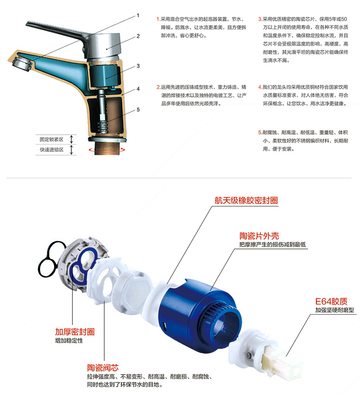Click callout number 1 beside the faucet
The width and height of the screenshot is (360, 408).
pos(138,15)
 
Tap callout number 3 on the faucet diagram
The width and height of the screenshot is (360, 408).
pos(138,66)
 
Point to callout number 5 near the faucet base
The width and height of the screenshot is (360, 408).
pos(138,110)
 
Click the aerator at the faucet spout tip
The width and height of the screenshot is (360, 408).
pos(22,62)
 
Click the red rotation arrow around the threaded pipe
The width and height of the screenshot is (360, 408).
pos(107,150)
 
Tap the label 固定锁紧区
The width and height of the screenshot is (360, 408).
pos(51,139)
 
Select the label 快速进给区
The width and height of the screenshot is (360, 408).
pos(51,150)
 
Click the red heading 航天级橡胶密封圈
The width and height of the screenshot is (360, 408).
pos(246,200)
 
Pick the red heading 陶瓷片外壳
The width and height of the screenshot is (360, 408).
pos(259,236)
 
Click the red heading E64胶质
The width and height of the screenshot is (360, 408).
pos(331,301)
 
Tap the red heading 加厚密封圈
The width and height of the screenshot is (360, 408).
pos(75,332)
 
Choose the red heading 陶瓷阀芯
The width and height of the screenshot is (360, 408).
pos(103,368)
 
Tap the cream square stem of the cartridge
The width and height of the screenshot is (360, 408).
pos(283,361)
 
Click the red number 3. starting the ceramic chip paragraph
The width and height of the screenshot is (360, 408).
pos(260,19)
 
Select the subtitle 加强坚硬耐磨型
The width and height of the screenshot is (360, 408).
pos(334,310)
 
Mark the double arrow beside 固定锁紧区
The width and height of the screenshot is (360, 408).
pos(72,139)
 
